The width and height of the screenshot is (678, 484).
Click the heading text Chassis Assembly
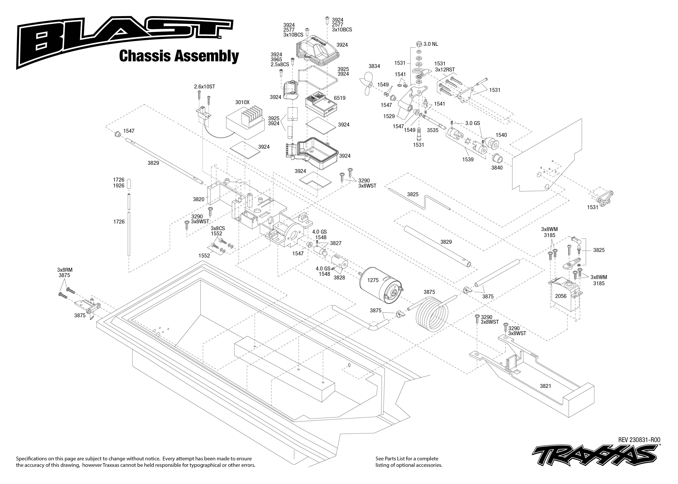(x=179, y=56)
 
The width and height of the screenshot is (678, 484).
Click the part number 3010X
(x=242, y=102)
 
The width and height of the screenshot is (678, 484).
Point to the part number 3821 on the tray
(x=545, y=386)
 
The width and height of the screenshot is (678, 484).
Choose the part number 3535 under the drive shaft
(x=433, y=130)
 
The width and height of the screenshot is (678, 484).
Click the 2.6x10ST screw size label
(x=204, y=87)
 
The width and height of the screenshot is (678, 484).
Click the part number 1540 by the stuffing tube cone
(x=501, y=135)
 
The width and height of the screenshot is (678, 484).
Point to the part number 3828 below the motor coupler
(x=339, y=277)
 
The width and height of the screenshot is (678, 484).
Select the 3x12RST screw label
(x=445, y=69)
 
